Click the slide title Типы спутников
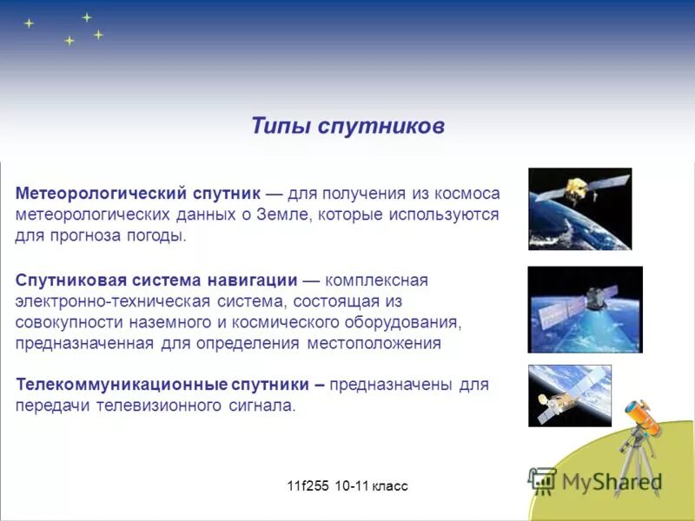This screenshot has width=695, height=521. pyautogui.click(x=347, y=126)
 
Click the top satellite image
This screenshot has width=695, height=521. pyautogui.click(x=579, y=209)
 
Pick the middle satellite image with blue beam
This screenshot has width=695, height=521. pyautogui.click(x=585, y=309)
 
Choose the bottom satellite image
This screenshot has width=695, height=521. pyautogui.click(x=570, y=395)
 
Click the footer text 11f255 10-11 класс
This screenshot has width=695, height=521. pyautogui.click(x=347, y=485)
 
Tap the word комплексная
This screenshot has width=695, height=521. pyautogui.click(x=377, y=280)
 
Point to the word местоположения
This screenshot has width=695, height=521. pyautogui.click(x=374, y=343)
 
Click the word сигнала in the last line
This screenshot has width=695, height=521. pyautogui.click(x=264, y=406)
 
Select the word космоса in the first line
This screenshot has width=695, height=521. pyautogui.click(x=469, y=193)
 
